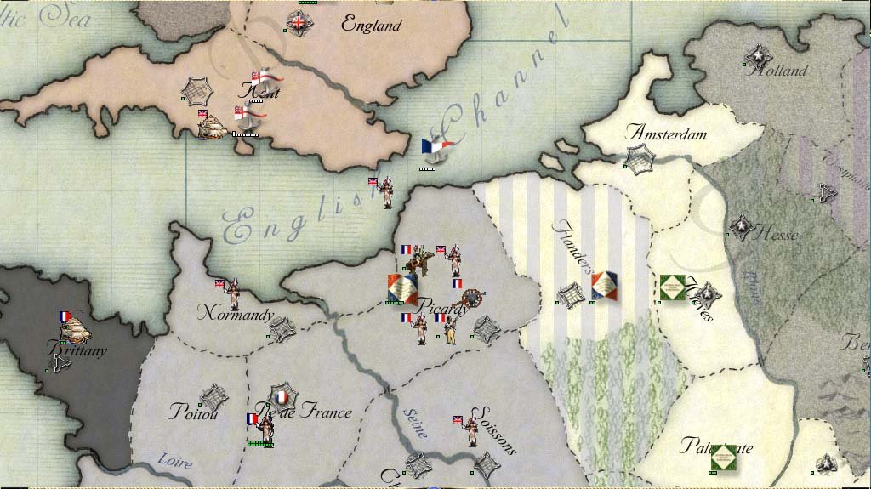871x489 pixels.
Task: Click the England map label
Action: click(x=371, y=25)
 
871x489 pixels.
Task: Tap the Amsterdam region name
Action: click(x=666, y=133)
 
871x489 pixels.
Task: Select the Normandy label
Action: click(x=236, y=315)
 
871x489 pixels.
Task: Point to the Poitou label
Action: click(x=194, y=412)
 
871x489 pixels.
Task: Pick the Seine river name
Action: click(x=413, y=423)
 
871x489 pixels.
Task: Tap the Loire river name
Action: click(x=174, y=463)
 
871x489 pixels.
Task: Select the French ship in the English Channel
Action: click(x=437, y=150)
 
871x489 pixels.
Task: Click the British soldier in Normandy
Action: click(x=234, y=294)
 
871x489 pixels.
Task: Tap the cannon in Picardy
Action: click(x=470, y=300)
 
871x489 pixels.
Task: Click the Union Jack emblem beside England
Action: click(x=299, y=23)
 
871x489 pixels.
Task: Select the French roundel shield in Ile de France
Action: click(x=282, y=396)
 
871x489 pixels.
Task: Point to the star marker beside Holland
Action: click(x=754, y=57)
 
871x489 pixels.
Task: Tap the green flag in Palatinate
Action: click(x=723, y=458)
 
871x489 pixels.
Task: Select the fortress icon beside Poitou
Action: click(x=212, y=395)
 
